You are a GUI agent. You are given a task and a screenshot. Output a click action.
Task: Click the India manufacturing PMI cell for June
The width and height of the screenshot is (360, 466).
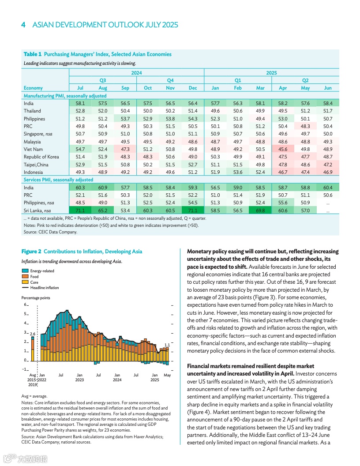[327, 103]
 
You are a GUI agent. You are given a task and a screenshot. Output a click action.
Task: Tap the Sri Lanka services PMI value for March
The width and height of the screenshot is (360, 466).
[260, 210]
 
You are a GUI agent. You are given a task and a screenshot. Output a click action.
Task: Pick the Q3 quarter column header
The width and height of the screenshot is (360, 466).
[103, 80]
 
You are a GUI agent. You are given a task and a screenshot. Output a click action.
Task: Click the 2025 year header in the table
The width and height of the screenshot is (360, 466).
[271, 72]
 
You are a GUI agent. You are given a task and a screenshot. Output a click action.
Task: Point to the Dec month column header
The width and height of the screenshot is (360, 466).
[193, 88]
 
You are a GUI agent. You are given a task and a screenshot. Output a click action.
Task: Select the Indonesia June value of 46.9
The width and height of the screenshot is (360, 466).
[327, 172]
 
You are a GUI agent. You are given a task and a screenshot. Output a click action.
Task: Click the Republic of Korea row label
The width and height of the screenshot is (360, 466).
[41, 157]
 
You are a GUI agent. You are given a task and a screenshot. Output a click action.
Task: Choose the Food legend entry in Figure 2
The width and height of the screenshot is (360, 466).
[34, 276]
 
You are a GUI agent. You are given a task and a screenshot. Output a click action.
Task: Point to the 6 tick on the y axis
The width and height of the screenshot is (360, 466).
[25, 305]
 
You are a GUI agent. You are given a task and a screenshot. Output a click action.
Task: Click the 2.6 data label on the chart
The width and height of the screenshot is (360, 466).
[32, 334]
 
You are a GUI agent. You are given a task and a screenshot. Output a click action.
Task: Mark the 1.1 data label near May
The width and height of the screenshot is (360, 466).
[167, 345]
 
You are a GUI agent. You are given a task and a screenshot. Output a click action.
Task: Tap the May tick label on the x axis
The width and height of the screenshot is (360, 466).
[167, 375]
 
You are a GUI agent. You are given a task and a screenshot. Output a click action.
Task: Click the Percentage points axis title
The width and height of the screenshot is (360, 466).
[36, 298]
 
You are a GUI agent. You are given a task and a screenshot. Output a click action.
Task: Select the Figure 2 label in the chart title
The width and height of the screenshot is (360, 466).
[31, 252]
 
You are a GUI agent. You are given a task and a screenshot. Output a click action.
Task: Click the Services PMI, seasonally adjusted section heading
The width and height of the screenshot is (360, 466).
[58, 180]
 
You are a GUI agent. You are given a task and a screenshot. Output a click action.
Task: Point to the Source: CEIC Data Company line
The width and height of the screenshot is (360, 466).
[50, 232]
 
